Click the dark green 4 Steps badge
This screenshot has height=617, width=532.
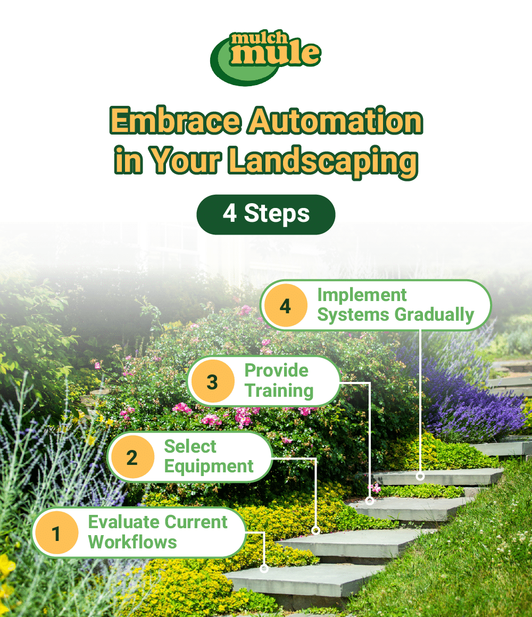click(266, 214)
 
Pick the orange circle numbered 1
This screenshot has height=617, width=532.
click(56, 532)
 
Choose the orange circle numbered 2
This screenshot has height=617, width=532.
click(132, 457)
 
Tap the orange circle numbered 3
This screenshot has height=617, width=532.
click(212, 381)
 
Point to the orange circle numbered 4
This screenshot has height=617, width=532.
click(286, 306)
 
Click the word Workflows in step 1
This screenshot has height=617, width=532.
click(132, 543)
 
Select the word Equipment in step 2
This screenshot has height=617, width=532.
click(209, 467)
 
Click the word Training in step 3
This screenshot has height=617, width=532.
click(279, 391)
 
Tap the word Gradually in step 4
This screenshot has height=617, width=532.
click(434, 315)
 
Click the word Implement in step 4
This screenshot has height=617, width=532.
click(362, 295)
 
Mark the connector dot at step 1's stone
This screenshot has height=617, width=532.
click(264, 568)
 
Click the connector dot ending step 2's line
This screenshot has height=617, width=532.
click(315, 530)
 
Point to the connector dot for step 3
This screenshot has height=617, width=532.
click(370, 501)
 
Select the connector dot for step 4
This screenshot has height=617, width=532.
click(420, 476)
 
